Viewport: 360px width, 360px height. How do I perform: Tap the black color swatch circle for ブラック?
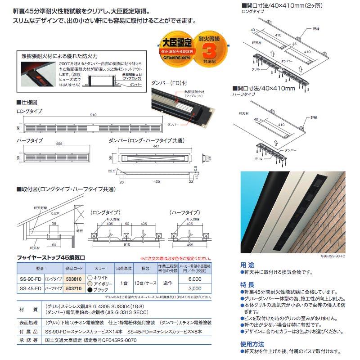[90, 290]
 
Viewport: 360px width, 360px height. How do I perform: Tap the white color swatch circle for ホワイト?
[90, 277]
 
